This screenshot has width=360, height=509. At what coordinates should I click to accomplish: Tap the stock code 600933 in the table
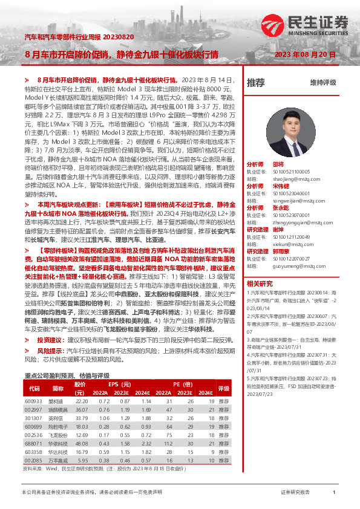pyautogui.click(x=34, y=401)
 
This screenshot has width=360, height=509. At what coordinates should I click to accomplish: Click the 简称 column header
pyautogui.click(x=58, y=388)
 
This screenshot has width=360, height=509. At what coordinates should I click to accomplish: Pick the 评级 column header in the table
pyautogui.click(x=224, y=388)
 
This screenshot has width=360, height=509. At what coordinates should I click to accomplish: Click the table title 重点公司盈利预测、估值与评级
pyautogui.click(x=66, y=375)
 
